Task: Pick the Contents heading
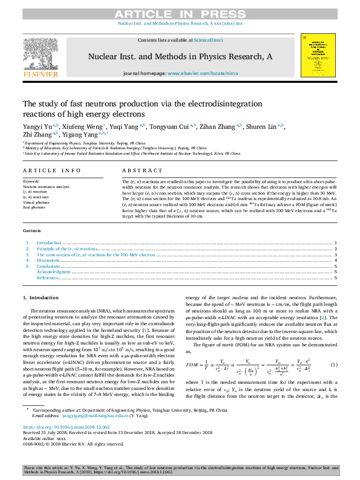[32, 230]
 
